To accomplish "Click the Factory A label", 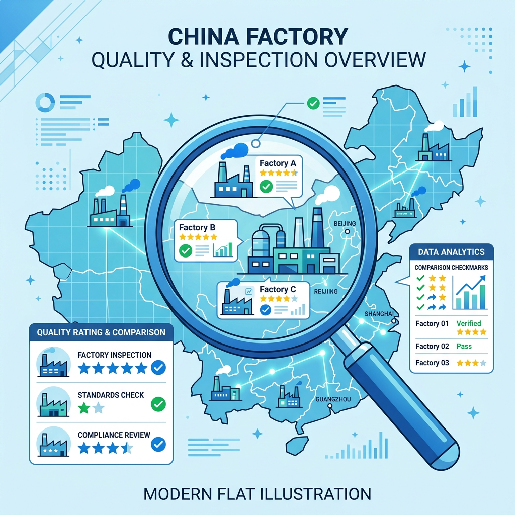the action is [278, 163].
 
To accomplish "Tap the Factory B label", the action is [197, 227].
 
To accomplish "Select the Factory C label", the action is [278, 289].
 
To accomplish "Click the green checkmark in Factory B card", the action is [186, 251].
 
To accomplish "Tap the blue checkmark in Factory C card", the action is [266, 310].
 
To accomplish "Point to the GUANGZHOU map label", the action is [333, 399].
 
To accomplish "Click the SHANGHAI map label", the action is [379, 314].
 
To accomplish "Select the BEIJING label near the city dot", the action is [345, 224].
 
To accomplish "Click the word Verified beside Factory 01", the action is [469, 323].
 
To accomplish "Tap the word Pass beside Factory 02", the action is [464, 346].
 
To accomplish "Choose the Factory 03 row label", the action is [432, 363].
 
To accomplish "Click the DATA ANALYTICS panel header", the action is [451, 252].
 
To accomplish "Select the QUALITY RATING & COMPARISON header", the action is [101, 332].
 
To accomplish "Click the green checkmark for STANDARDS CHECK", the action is [158, 404].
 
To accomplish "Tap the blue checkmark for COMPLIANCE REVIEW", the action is [158, 444].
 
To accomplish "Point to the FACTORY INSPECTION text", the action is [115, 355].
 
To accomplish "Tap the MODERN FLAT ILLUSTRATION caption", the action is [257, 494].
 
